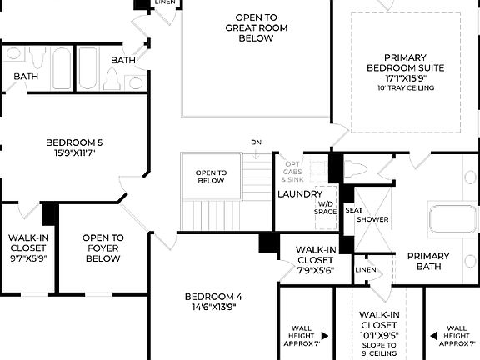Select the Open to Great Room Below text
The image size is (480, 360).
[x=257, y=27]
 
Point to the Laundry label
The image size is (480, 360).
[x=300, y=194]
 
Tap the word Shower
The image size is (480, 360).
[x=372, y=219]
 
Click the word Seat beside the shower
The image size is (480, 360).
[x=353, y=211]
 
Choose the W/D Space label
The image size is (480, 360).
[x=326, y=207]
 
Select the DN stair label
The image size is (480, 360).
[x=256, y=142]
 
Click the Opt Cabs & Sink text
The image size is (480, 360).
[x=292, y=172]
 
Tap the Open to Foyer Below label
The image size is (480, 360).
[x=103, y=248]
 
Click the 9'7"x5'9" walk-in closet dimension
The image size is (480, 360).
[x=28, y=258]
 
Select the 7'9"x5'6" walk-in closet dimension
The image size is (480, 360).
[x=315, y=270]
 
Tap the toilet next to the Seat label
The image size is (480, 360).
[x=355, y=170]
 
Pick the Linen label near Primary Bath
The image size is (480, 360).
[x=364, y=270]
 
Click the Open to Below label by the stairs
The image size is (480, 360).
[x=211, y=176]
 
